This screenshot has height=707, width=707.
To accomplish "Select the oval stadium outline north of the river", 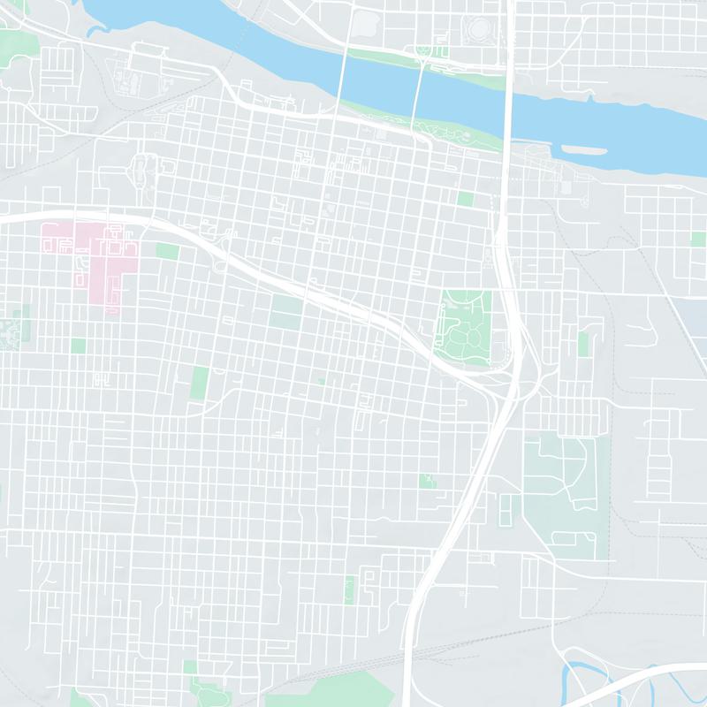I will point(483,27).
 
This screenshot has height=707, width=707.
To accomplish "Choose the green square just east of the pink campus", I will point(167,251).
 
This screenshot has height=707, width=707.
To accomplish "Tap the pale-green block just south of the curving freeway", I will point(286,309).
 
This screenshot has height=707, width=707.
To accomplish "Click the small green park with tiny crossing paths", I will point(429,482).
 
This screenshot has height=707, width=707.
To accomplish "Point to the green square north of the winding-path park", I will point(466,199).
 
